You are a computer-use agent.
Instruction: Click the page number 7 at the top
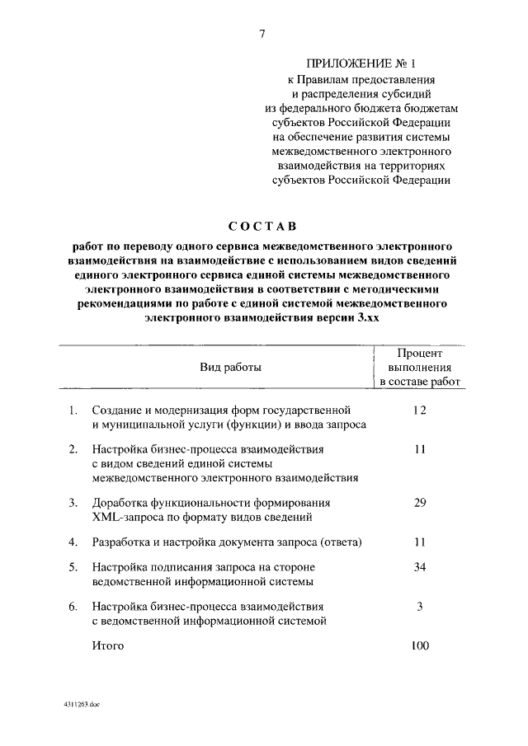click(x=262, y=34)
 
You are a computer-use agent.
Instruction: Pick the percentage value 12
click(x=420, y=410)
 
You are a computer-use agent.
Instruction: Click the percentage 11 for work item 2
click(x=420, y=449)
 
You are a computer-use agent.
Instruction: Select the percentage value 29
click(x=420, y=502)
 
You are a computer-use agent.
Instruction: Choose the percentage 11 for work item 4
click(x=420, y=542)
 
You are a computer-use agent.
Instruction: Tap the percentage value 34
click(x=420, y=568)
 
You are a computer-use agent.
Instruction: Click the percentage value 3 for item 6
click(x=420, y=607)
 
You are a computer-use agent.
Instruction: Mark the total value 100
click(x=420, y=645)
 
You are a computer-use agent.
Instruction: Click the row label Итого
click(x=108, y=646)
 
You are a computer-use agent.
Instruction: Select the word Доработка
click(x=120, y=503)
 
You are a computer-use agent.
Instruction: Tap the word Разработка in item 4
click(x=122, y=542)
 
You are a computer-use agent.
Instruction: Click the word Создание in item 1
click(x=116, y=411)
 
